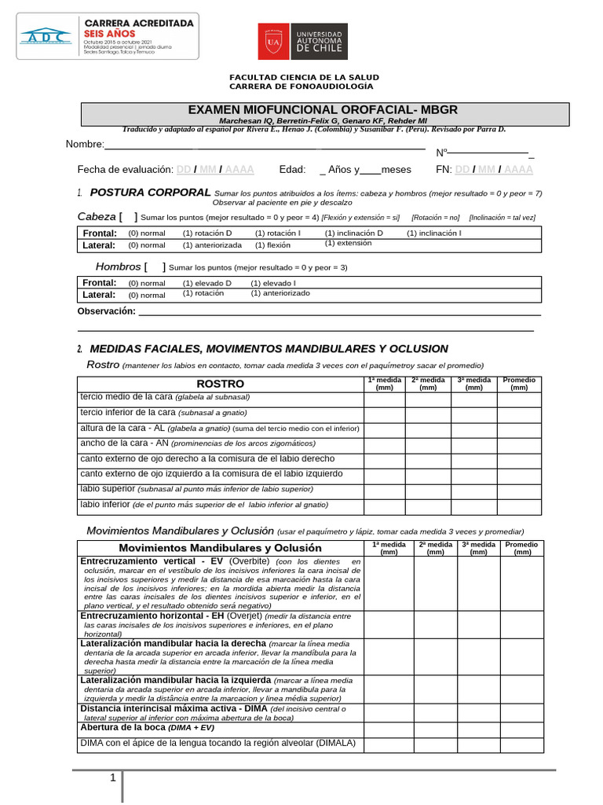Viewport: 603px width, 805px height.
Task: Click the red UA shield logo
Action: point(274,41)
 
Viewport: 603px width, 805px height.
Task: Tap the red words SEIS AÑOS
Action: point(110,35)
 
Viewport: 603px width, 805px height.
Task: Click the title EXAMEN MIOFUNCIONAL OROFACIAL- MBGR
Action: point(323,109)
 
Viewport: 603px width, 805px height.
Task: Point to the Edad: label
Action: point(292,170)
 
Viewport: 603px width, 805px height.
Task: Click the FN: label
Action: point(444,170)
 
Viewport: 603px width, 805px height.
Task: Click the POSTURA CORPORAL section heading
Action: point(150,193)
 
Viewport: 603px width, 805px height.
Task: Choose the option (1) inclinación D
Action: point(353,233)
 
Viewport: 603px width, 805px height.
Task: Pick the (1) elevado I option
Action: point(273,283)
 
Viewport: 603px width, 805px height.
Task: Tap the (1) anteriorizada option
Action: point(212,245)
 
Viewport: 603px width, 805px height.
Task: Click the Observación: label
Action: point(106,311)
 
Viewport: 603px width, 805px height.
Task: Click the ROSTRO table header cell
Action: point(220,384)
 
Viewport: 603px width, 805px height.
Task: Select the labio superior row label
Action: point(108,488)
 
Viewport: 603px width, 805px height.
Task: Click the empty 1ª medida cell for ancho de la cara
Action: point(384,444)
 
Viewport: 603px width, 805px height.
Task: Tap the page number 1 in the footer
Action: point(113,778)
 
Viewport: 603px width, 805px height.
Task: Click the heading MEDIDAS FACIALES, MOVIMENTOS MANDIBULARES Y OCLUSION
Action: point(269,348)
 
